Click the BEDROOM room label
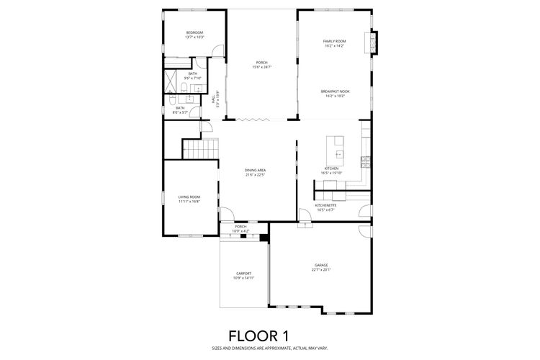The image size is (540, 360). click(194, 33)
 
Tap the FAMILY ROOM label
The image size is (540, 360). click(333, 41)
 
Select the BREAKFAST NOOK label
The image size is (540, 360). click(335, 91)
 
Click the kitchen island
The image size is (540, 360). click(336, 148)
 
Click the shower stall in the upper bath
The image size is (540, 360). click(174, 77)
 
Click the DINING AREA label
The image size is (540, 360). click(256, 170)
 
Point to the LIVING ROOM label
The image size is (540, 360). click(189, 197)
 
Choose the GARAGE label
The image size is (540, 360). click(320, 265)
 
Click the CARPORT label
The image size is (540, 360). click(243, 273)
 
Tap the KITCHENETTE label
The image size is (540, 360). click(325, 205)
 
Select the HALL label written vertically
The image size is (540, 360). click(213, 100)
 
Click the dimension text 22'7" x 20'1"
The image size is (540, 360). click(320, 270)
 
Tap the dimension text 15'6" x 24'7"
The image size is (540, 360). click(261, 67)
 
